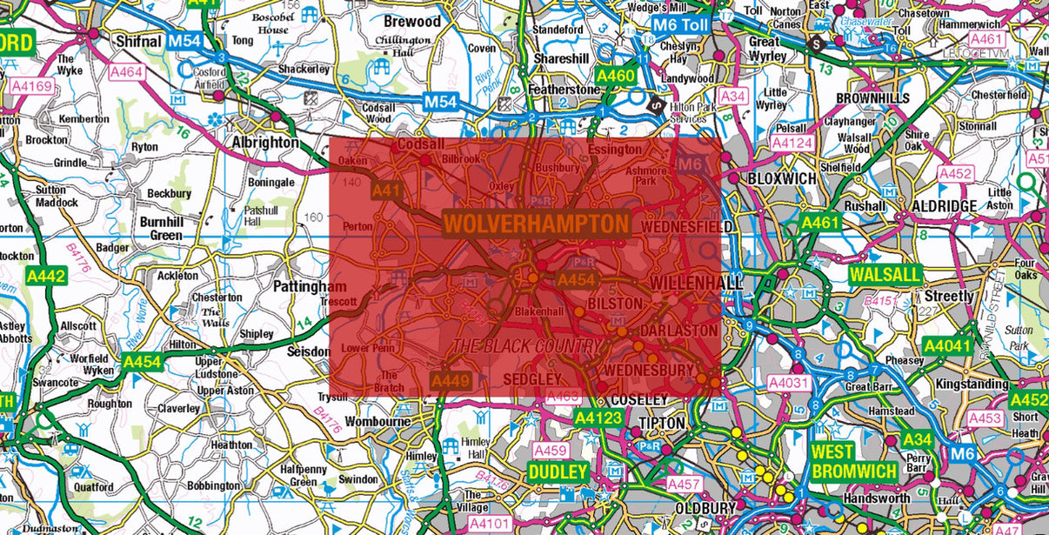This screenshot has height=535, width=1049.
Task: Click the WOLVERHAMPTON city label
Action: coord(536,224)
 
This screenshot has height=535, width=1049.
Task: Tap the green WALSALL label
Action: coord(885,274)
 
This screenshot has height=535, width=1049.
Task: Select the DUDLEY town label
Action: coord(558,471)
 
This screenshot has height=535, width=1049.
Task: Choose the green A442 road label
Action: coord(46,276)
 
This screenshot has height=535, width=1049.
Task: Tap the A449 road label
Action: coord(451,380)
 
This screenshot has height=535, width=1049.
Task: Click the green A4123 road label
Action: coord(598,418)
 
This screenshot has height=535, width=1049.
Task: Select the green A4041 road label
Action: coord(946,346)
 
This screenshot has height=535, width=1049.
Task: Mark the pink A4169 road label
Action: coord(32,86)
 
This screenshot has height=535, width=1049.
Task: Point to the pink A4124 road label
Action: coord(792,142)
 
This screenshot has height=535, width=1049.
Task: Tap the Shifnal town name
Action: coord(139,41)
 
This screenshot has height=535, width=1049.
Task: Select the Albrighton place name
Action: coord(264,142)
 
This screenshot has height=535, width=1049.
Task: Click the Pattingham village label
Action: coord(310,286)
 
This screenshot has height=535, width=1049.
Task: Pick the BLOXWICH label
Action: coord(782,178)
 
